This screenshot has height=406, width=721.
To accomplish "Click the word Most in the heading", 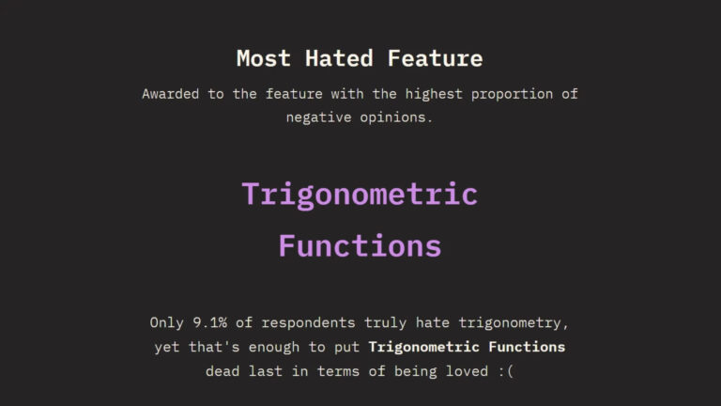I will point(264,58).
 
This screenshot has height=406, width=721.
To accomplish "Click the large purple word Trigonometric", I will point(360,195).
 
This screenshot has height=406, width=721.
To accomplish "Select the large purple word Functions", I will point(360,245).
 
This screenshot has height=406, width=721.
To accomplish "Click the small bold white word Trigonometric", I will point(428,347).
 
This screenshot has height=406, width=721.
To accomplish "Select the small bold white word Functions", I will point(530,347).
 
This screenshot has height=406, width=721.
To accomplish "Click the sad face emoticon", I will point(506,371).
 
